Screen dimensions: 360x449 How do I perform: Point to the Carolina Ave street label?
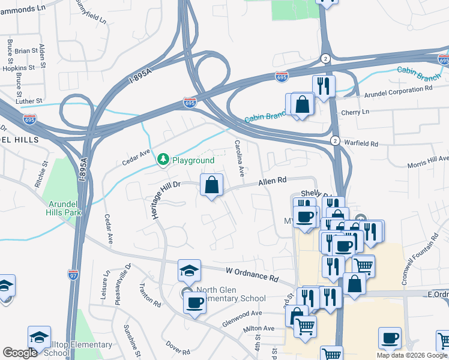pos(239,158)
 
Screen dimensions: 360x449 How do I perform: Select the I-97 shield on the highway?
pos(73,273)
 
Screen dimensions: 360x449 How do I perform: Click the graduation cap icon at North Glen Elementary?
pos(189,271)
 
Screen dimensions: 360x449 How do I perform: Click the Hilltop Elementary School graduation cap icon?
pos(39,337)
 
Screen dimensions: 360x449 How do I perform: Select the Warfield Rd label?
pos(361,144)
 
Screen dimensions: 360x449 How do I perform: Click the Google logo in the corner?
pos(20,353)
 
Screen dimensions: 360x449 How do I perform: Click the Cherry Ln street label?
pos(355,112)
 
